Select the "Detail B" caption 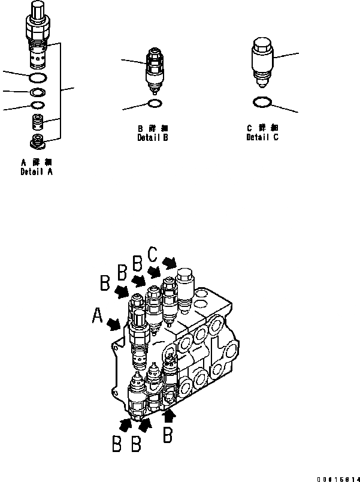point(152,137)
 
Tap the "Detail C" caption point(262,137)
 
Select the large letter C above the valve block point(153,256)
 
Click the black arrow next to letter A point(115,324)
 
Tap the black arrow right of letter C point(170,263)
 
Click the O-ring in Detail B point(153,103)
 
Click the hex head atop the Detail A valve point(37,10)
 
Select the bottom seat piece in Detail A point(38,142)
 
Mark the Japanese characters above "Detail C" point(262,128)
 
